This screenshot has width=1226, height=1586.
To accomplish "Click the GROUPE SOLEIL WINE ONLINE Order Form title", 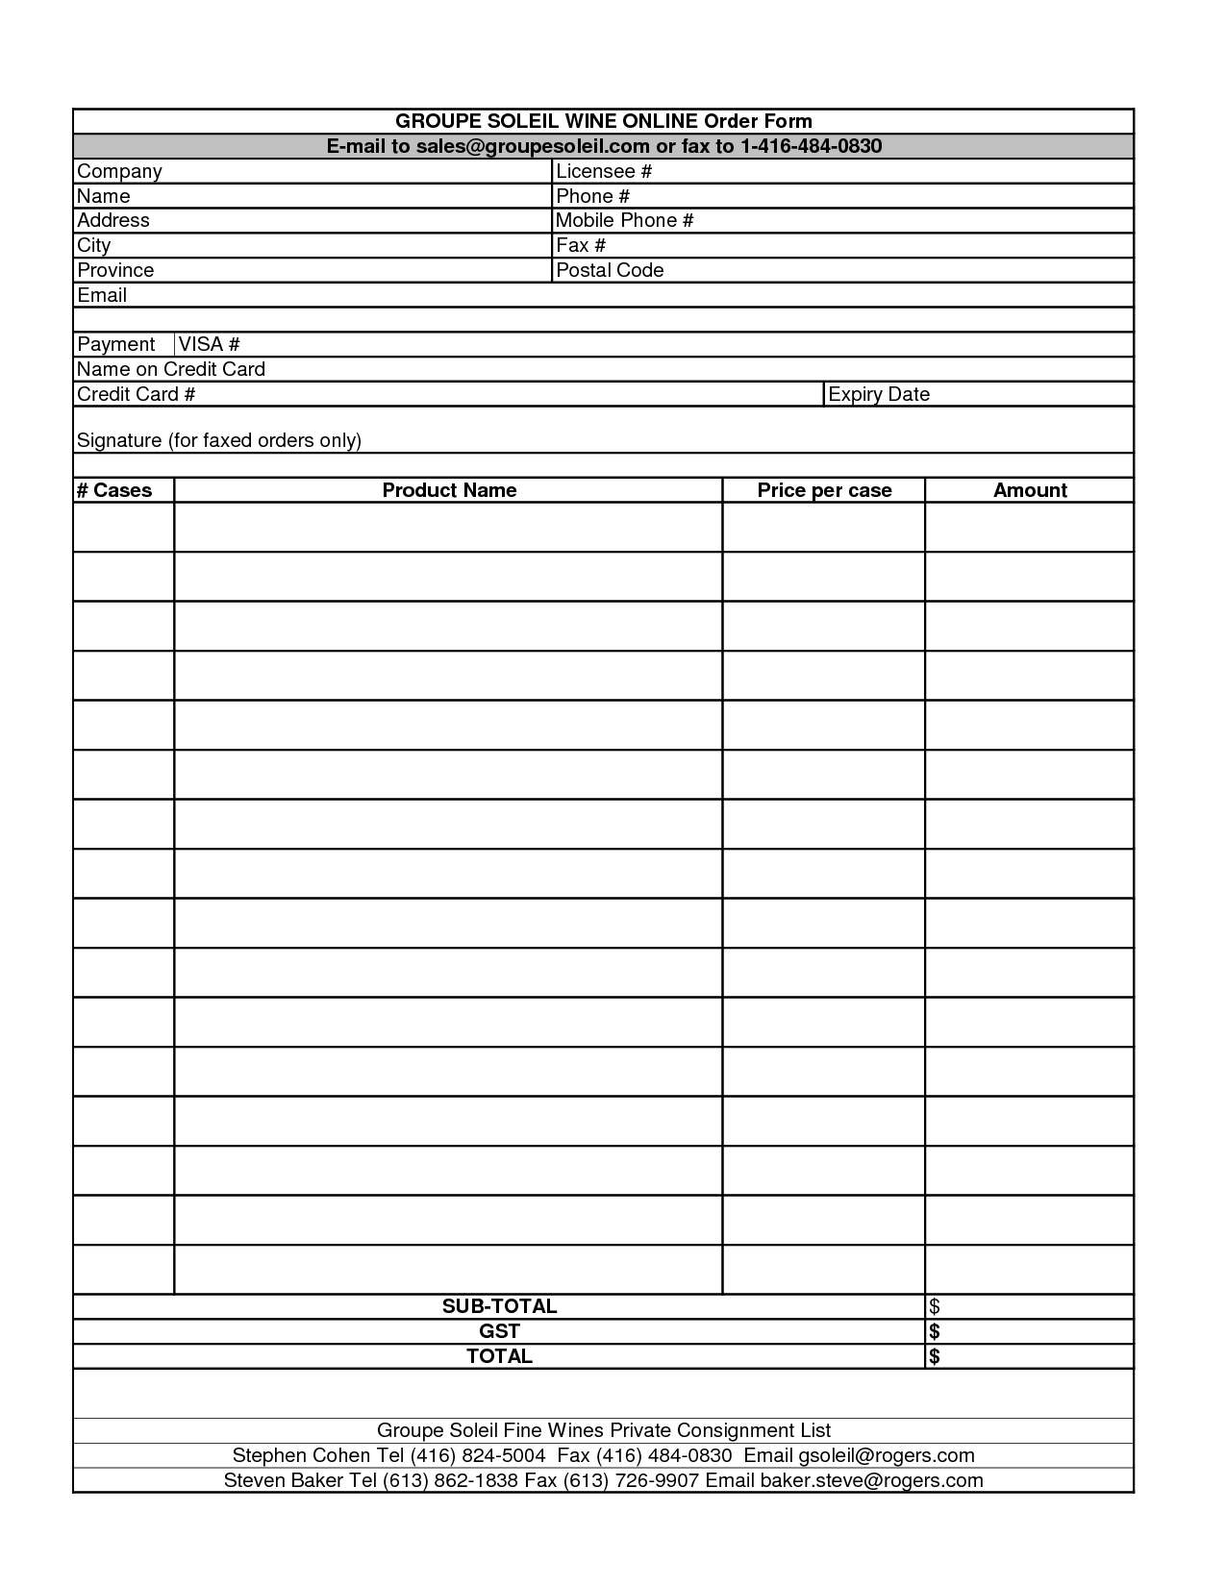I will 604,121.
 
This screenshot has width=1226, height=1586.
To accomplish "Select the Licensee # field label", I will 604,171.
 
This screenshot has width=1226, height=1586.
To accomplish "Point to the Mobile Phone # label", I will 624,220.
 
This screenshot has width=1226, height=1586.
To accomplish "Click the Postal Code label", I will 610,270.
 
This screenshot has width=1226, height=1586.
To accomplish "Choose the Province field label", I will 115,270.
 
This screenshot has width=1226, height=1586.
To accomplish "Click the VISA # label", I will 209,344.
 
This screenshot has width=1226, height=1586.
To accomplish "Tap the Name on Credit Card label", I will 171,369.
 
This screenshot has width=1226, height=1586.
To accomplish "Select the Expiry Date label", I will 879,394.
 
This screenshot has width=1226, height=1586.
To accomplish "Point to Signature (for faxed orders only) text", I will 219,440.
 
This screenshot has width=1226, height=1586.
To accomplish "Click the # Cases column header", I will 114,490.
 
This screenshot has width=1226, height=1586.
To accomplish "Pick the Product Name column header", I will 449,490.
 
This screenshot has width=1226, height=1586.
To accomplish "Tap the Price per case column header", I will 824,490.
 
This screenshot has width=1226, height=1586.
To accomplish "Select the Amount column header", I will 1030,490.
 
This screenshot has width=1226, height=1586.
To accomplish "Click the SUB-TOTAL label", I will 499,1306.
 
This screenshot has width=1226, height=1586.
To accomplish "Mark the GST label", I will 499,1331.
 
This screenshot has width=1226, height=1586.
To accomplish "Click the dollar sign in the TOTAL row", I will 935,1356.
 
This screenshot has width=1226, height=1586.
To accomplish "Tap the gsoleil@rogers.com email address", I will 887,1455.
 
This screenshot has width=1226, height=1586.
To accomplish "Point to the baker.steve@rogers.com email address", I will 871,1480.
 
